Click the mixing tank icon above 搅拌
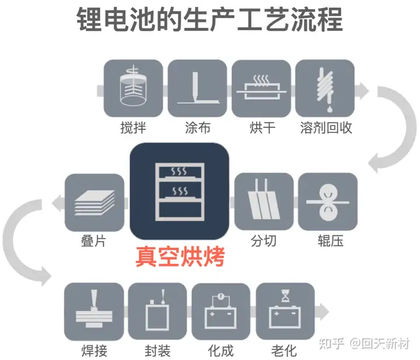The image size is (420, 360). pyautogui.click(x=133, y=88)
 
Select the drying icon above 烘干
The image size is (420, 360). pyautogui.click(x=261, y=88)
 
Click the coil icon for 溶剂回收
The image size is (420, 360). pyautogui.click(x=325, y=88)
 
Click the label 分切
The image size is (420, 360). pyautogui.click(x=263, y=241)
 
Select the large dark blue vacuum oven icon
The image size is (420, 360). pyautogui.click(x=178, y=193)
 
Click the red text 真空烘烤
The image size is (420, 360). pyautogui.click(x=180, y=257)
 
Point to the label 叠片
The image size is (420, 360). pyautogui.click(x=94, y=241)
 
